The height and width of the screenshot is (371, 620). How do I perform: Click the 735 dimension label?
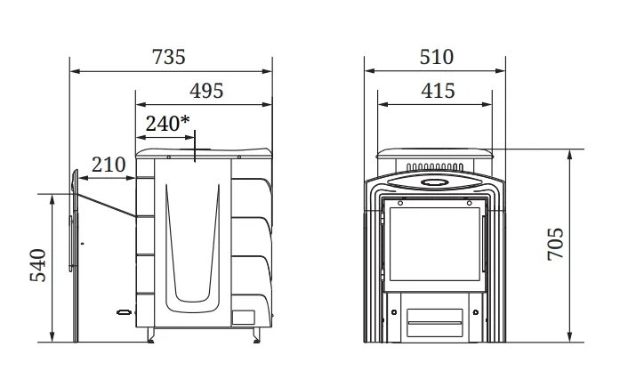169,57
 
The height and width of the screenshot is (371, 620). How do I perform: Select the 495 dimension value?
206,91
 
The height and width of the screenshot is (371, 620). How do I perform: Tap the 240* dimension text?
167,124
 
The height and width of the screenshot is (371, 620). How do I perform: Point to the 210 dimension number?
109,165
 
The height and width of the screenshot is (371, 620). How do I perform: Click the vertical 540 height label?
38,265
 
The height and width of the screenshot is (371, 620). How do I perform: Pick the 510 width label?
437,57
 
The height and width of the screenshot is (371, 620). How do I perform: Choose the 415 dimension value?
438,91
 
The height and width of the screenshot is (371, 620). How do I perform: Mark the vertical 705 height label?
556,244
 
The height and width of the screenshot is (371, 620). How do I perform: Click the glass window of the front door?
435,244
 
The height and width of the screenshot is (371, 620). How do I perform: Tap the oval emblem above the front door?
435,182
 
